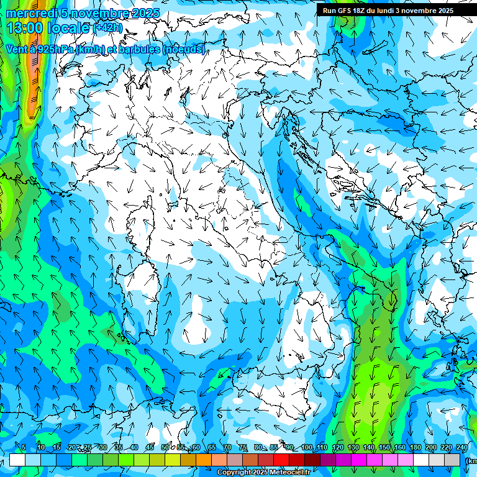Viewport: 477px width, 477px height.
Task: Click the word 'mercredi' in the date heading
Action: pos(29,13)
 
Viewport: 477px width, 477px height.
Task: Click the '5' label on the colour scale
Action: pos(24,448)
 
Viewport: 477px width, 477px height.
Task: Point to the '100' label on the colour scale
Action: pos(307,448)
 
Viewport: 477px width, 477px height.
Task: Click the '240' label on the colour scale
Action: pos(462,448)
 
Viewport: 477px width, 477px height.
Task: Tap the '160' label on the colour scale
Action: pos(400,448)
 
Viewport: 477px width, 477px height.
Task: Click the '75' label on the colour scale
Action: pos(243,448)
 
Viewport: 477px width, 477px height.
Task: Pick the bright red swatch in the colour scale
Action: pos(281,460)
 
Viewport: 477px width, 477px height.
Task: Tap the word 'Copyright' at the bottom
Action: pos(234,473)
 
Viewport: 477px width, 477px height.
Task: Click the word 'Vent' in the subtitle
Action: pos(17,49)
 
